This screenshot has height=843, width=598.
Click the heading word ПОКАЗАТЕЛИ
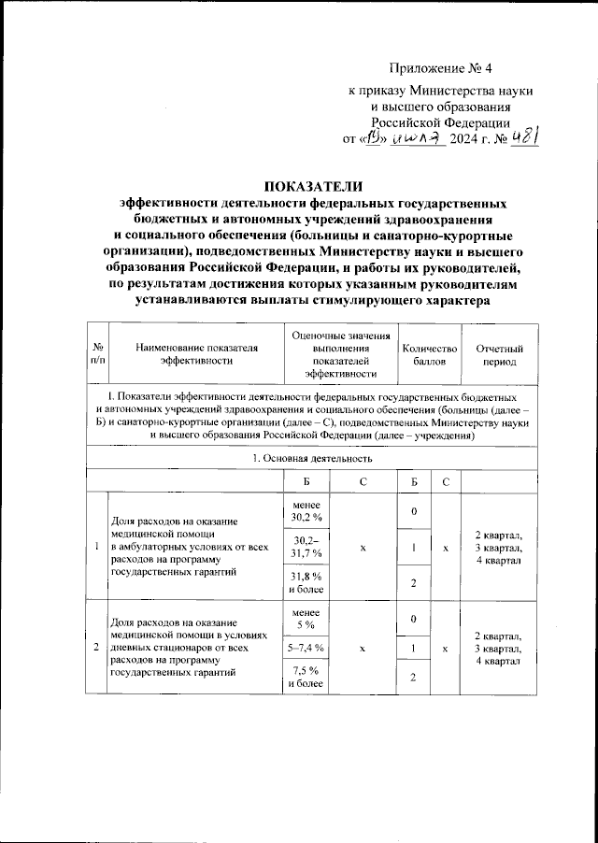[x=298, y=185]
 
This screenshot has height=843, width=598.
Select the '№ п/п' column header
[x=98, y=353]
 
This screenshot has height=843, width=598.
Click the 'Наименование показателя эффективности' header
[x=195, y=353]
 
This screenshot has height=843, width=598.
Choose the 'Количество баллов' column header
[x=429, y=353]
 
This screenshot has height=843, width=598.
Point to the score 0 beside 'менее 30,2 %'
[x=413, y=510]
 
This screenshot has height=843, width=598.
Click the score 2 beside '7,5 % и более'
[x=413, y=678]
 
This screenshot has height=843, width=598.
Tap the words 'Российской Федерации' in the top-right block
[x=440, y=121]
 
